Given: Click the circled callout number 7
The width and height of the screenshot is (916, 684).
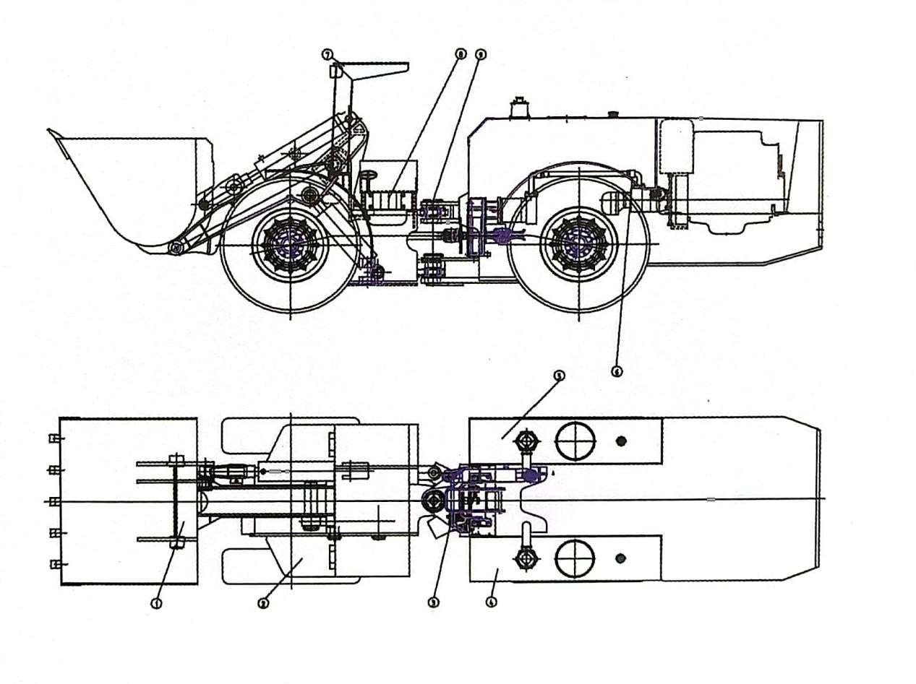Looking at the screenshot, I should [x=328, y=54].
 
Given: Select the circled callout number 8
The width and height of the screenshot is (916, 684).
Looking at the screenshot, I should [x=461, y=54].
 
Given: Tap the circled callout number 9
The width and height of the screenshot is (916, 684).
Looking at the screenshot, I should [x=481, y=54].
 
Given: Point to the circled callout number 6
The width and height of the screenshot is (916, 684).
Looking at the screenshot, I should [x=616, y=371].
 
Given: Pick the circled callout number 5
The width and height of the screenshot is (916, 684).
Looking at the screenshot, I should [x=558, y=376].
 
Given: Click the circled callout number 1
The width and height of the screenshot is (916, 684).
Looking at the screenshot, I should [x=156, y=603].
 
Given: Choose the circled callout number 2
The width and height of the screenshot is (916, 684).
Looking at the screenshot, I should [x=263, y=603].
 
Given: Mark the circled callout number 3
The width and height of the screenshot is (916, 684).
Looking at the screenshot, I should [x=434, y=602].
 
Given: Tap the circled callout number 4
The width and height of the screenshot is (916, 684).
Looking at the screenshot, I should [x=492, y=602].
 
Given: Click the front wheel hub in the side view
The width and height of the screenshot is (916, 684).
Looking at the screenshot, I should [x=291, y=245].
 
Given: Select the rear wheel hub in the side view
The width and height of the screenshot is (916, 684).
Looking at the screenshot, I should [x=579, y=244].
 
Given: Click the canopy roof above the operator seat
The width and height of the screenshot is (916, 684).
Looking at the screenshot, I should [x=376, y=69].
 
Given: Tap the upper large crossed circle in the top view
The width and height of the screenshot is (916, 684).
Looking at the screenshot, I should [x=575, y=441].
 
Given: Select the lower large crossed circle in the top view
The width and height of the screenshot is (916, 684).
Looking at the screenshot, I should [x=575, y=558].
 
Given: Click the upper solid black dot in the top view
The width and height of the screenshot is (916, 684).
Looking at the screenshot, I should [x=620, y=441].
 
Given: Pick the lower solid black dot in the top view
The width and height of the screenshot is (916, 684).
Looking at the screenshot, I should [x=620, y=558].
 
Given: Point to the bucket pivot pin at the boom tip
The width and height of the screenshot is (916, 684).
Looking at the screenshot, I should [x=175, y=248].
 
